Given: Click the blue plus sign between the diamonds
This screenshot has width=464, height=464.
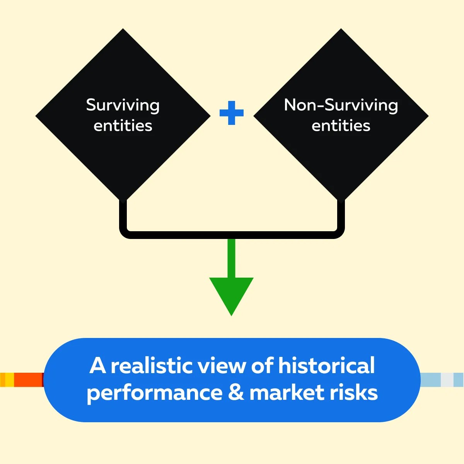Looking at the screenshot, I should coord(232,113).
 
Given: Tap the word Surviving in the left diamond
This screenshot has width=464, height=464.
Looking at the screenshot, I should coord(123,105).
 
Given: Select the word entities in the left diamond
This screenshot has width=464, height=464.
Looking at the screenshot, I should coord(123,126).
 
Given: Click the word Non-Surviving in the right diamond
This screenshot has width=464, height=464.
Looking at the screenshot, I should coord(341,105).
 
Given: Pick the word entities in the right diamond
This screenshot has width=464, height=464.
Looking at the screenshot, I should coord(341,126).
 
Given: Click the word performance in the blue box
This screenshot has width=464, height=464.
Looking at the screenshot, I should coord(154,393).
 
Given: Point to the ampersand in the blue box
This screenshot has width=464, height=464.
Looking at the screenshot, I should coord(236,393).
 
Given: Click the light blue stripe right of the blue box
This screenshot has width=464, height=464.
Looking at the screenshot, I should coord(430,380).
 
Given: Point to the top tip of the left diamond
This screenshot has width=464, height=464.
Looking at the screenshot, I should coord(123,30).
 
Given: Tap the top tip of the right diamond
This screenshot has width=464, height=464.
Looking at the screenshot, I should coord(341,30).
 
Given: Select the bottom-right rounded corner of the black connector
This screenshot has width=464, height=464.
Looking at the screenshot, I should coord(339,234).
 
